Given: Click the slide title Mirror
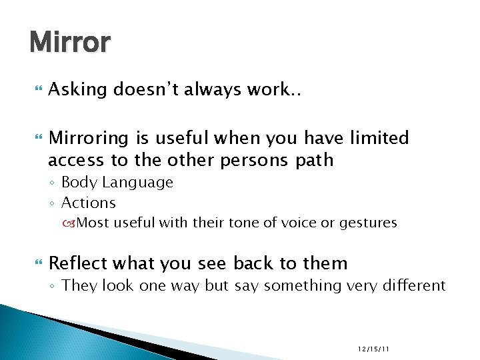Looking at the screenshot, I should pyautogui.click(x=70, y=43).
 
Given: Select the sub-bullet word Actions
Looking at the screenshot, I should pyautogui.click(x=88, y=203).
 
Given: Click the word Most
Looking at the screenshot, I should pyautogui.click(x=91, y=223).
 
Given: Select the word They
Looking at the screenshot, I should pyautogui.click(x=79, y=286).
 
